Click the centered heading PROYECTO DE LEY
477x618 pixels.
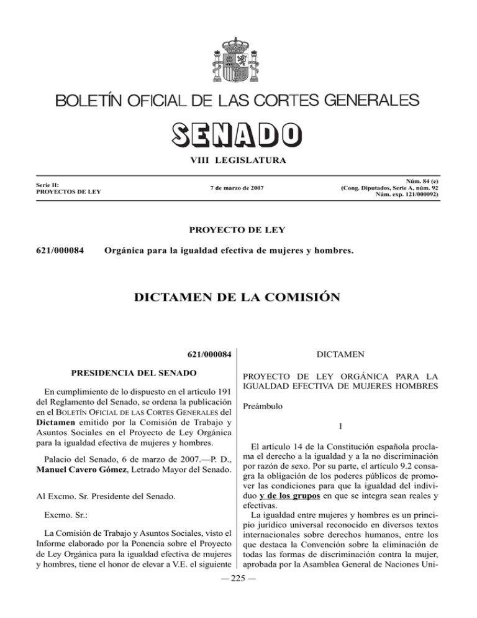coord(238,230)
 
